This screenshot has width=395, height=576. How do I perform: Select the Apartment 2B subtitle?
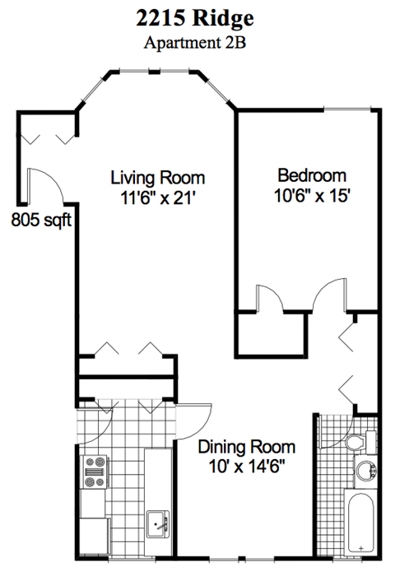[197, 44]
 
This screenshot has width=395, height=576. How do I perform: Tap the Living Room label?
[158, 178]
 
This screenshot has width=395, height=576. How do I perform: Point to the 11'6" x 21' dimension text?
[158, 197]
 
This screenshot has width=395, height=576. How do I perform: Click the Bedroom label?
[312, 175]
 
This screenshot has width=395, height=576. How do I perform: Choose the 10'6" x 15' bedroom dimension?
[312, 196]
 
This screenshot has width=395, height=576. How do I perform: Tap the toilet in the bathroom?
[356, 443]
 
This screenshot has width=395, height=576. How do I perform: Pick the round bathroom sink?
[365, 472]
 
